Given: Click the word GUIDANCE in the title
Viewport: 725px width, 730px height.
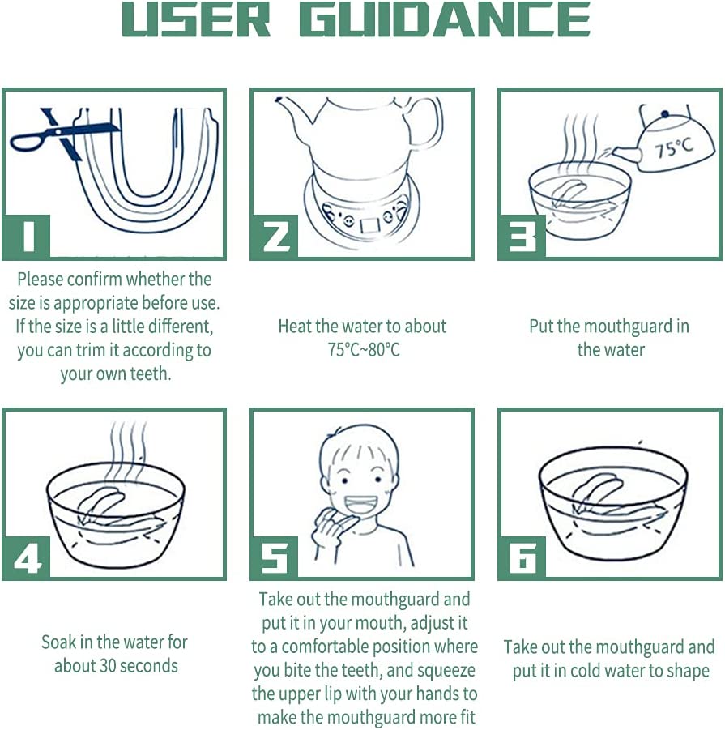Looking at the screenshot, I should (x=445, y=19).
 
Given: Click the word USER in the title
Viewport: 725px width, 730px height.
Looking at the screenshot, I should (x=195, y=19).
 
